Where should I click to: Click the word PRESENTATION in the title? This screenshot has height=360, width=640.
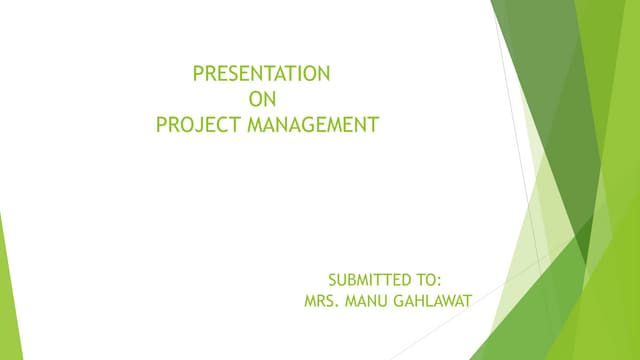coord(261,73)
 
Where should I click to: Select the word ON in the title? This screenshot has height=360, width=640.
coord(260,99)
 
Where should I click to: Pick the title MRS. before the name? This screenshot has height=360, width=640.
coord(321,299)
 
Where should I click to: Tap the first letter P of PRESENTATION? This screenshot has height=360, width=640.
coord(197,73)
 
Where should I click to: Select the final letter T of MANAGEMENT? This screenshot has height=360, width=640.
coord(375,125)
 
